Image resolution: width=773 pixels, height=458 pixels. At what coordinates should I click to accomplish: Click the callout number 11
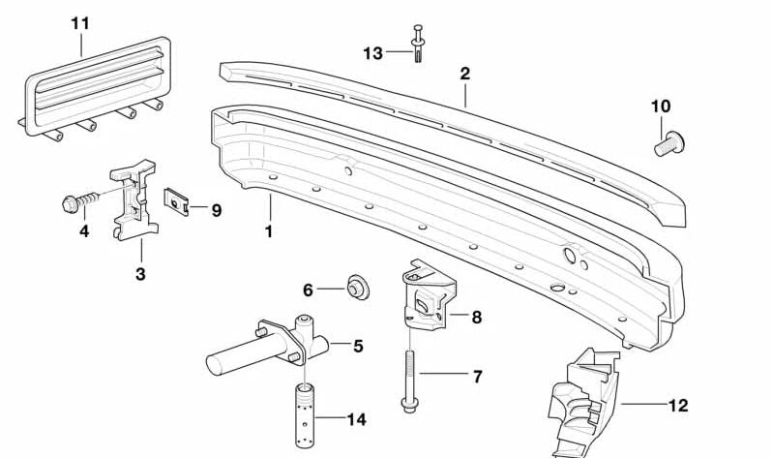pos(80,21)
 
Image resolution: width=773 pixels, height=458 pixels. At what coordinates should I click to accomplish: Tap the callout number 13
pos(373,53)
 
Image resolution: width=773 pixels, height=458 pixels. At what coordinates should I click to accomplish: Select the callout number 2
pos(465,73)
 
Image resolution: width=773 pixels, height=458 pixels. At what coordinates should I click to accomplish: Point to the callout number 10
pos(661,106)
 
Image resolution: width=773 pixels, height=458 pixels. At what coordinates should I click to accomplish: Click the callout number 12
pos(678,406)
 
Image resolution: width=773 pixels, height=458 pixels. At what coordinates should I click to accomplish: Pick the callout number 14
pos(357,419)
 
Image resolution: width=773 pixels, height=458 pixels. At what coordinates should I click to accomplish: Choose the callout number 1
pos(269,231)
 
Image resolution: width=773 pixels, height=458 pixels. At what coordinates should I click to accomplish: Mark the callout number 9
pos(216,209)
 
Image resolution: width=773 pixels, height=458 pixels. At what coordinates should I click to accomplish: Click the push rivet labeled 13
pos(418,43)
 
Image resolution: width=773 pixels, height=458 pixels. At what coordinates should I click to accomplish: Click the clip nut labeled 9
pos(175,202)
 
